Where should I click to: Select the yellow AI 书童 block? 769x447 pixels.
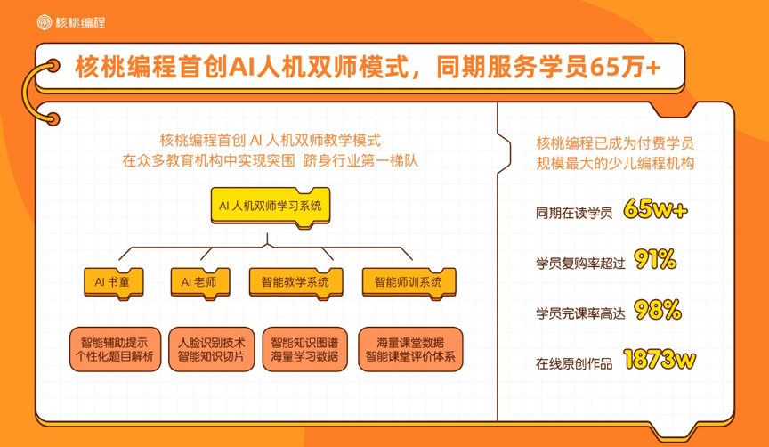tap(112, 281)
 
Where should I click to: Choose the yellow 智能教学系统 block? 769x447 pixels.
tap(295, 281)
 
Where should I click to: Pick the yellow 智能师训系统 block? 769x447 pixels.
tap(408, 281)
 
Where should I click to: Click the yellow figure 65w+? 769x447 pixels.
tap(657, 210)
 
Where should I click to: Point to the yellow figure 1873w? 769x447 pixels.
tap(660, 360)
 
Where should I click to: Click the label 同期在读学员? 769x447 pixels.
tap(573, 213)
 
